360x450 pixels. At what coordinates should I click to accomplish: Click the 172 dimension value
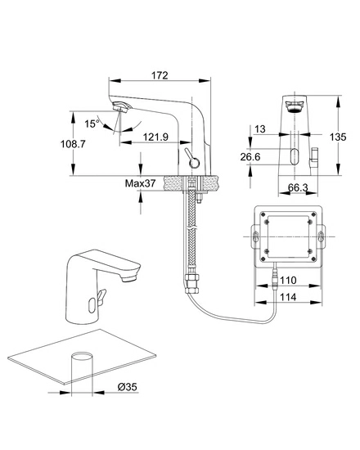(x=160, y=75)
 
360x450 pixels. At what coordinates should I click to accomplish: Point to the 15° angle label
(x=92, y=124)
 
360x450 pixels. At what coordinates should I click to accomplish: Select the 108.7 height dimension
(x=73, y=143)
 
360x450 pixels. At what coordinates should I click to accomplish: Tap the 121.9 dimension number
(x=155, y=137)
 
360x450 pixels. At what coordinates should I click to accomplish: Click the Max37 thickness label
(x=140, y=182)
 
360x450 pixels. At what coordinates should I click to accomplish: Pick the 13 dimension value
(x=260, y=129)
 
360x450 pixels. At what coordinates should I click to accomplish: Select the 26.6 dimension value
(x=250, y=157)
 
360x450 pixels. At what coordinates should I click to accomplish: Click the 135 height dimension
(x=338, y=137)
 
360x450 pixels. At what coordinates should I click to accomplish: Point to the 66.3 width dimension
(x=298, y=187)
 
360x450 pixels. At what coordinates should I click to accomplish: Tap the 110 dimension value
(x=288, y=280)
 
